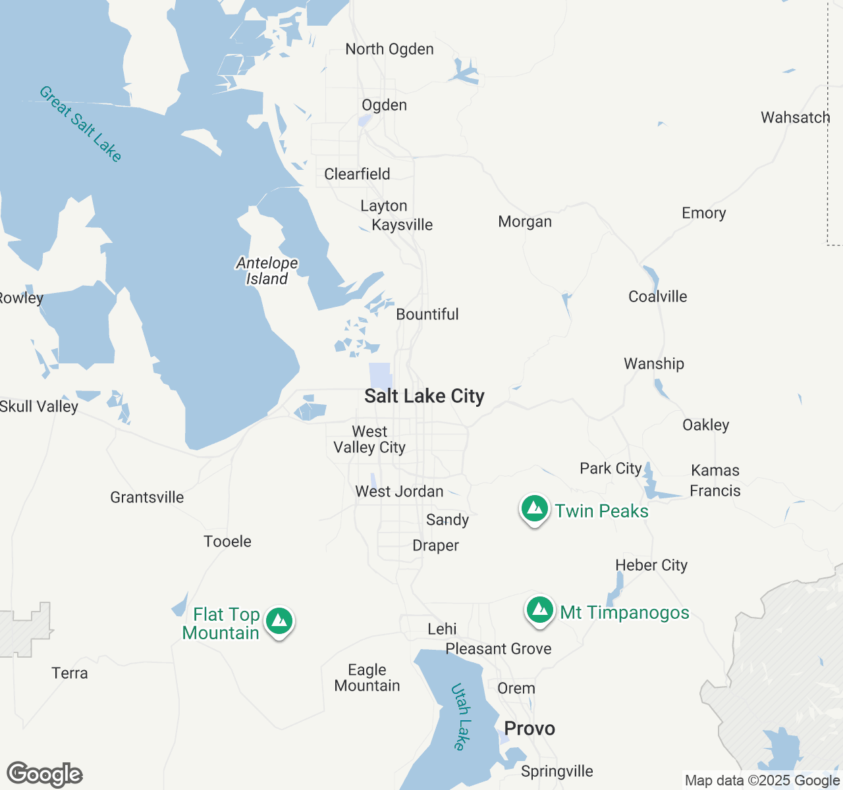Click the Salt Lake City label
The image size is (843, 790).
(x=424, y=396)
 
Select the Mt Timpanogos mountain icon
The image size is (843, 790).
(x=540, y=611)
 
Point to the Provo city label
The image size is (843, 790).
(x=530, y=729)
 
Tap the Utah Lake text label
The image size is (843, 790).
(x=462, y=717)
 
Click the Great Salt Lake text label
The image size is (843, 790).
(x=80, y=124)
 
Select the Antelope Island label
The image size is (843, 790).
(x=267, y=271)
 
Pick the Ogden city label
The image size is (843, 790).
(x=384, y=105)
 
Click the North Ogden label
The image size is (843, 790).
(x=389, y=49)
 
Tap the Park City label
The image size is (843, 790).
(x=611, y=469)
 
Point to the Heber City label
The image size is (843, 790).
(x=651, y=566)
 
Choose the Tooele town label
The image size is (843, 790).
(x=227, y=542)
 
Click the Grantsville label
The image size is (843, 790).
(x=147, y=498)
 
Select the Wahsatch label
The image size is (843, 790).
(x=796, y=118)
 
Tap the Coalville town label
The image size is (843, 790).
(x=657, y=297)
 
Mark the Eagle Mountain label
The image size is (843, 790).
(x=367, y=678)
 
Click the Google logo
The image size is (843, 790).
(x=45, y=775)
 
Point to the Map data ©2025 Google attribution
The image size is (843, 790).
(x=762, y=781)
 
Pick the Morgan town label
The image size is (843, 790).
(x=525, y=222)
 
